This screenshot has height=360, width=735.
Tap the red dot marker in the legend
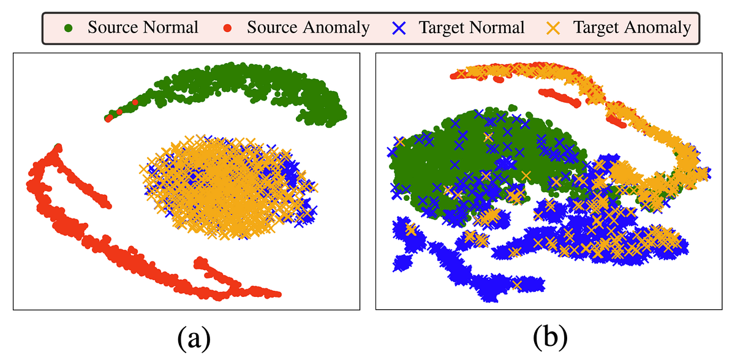point(226,28)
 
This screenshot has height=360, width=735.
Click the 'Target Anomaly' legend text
point(631,28)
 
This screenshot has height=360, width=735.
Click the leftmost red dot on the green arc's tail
point(108,118)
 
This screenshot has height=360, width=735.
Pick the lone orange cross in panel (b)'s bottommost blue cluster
point(518,284)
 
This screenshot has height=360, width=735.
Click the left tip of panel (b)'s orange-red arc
point(454,75)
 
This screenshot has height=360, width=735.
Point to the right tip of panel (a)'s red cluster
point(279,294)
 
